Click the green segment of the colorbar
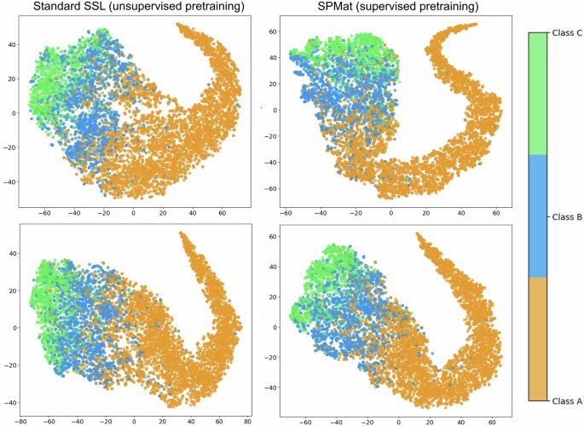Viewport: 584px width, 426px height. click(x=537, y=94)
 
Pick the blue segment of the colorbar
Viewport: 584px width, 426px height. click(x=537, y=216)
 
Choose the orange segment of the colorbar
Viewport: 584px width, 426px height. click(x=537, y=338)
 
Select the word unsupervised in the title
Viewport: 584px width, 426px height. click(x=153, y=9)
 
